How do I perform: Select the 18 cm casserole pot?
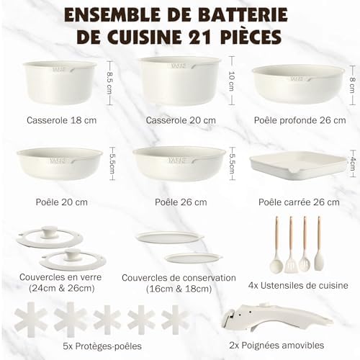[60, 82]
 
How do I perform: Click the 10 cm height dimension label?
[232, 81]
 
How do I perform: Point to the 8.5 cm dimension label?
[109, 83]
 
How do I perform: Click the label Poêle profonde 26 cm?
[300, 120]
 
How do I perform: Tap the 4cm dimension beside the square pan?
[353, 164]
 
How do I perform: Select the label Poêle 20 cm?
[62, 202]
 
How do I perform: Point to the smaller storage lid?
[193, 258]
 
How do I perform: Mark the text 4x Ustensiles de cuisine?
[298, 285]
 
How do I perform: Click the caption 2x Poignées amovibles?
[276, 346]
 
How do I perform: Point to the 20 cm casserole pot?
[180, 81]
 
